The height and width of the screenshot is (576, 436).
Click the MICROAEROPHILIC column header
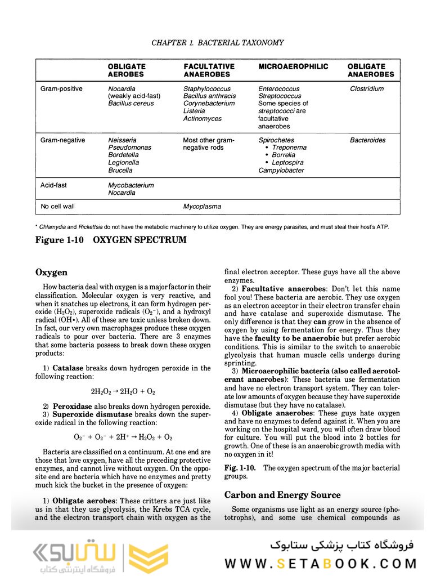[x=293, y=66]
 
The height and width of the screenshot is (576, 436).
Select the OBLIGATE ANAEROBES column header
[x=370, y=70]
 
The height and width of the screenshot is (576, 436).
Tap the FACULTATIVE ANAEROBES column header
[x=209, y=70]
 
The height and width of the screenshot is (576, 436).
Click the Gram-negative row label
[x=62, y=140]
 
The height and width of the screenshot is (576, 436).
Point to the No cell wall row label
[x=57, y=207]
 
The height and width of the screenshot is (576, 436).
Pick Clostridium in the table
[x=367, y=89]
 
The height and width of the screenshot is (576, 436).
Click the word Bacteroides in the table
[x=367, y=140]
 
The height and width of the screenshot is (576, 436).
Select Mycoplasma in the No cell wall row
[x=202, y=207]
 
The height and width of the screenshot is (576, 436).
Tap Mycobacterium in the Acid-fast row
[x=131, y=185]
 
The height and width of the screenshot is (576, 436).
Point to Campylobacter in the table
[x=281, y=171]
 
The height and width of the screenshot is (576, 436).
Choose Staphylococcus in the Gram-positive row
[x=206, y=89]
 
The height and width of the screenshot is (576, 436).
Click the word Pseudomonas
[x=129, y=148]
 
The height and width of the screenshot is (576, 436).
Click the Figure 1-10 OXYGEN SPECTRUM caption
[x=110, y=240]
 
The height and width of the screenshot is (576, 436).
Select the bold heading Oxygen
[x=51, y=273]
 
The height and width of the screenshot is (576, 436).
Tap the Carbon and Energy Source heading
[x=282, y=495]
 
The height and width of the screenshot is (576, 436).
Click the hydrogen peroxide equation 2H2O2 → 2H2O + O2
[x=123, y=391]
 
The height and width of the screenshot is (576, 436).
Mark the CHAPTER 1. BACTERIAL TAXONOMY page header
[x=218, y=43]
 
